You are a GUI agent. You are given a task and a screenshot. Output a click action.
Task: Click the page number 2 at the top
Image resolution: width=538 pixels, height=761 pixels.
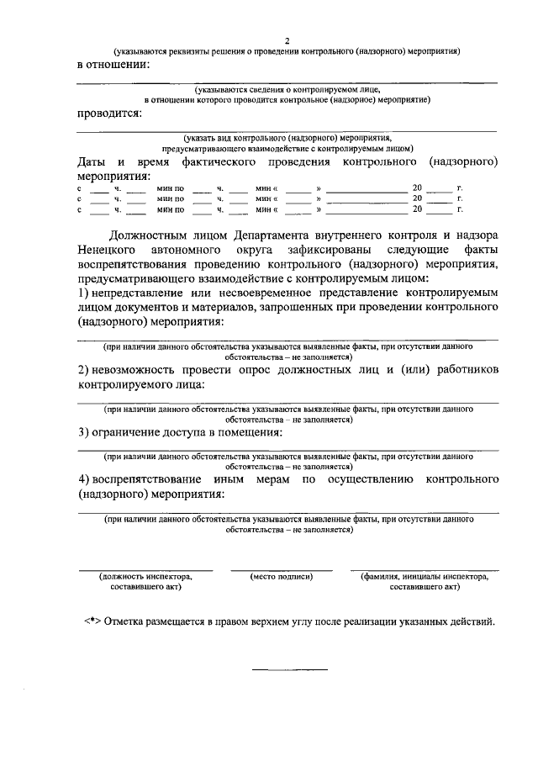click(x=287, y=40)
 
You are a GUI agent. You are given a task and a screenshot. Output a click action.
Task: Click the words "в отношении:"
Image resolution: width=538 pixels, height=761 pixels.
click(x=113, y=64)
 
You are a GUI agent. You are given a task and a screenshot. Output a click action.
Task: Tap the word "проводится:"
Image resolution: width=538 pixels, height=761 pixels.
click(x=109, y=114)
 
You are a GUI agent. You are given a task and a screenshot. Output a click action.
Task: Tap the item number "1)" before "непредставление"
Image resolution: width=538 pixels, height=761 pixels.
click(x=83, y=293)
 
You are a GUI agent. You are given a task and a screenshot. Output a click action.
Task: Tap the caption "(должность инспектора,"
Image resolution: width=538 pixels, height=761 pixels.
click(x=145, y=577)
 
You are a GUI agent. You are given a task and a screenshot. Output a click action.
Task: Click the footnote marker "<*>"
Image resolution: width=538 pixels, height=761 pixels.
click(x=92, y=623)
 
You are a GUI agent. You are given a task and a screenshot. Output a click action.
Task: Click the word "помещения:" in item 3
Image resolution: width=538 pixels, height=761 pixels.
click(x=250, y=432)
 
